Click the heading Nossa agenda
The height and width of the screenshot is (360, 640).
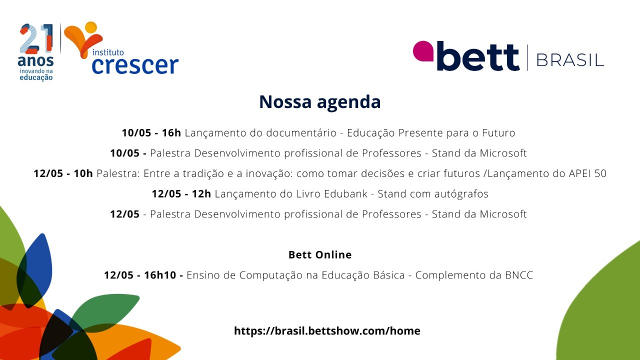[319, 101]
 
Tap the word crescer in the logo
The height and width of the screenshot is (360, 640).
[135, 65]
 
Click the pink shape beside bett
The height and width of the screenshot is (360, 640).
[423, 51]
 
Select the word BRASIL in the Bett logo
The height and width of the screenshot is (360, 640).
[570, 60]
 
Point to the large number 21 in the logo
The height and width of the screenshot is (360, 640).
[36, 38]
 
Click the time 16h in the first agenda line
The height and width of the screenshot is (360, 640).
[171, 133]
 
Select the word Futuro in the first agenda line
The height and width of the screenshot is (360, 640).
[499, 133]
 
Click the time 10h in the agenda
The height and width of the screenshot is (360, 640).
[83, 173]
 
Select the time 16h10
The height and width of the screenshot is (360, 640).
[160, 275]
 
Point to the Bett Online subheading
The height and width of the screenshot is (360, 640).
[320, 254]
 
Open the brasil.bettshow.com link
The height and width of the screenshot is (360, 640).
[327, 331]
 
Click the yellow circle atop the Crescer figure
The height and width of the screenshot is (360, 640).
[91, 27]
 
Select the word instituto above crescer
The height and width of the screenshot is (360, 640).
[108, 52]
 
